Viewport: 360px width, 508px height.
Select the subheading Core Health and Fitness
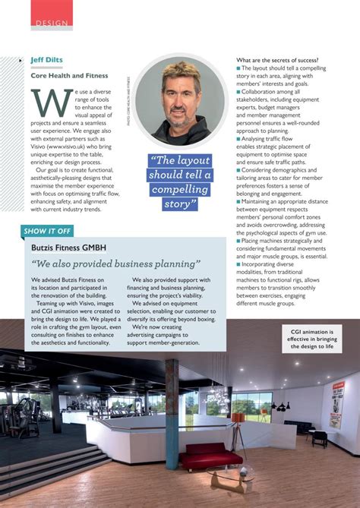[69, 75]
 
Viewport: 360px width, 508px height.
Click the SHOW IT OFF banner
[48, 229]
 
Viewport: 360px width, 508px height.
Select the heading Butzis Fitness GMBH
[68, 248]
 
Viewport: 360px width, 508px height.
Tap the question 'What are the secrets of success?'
[277, 60]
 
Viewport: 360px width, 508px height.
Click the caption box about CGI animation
[311, 338]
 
